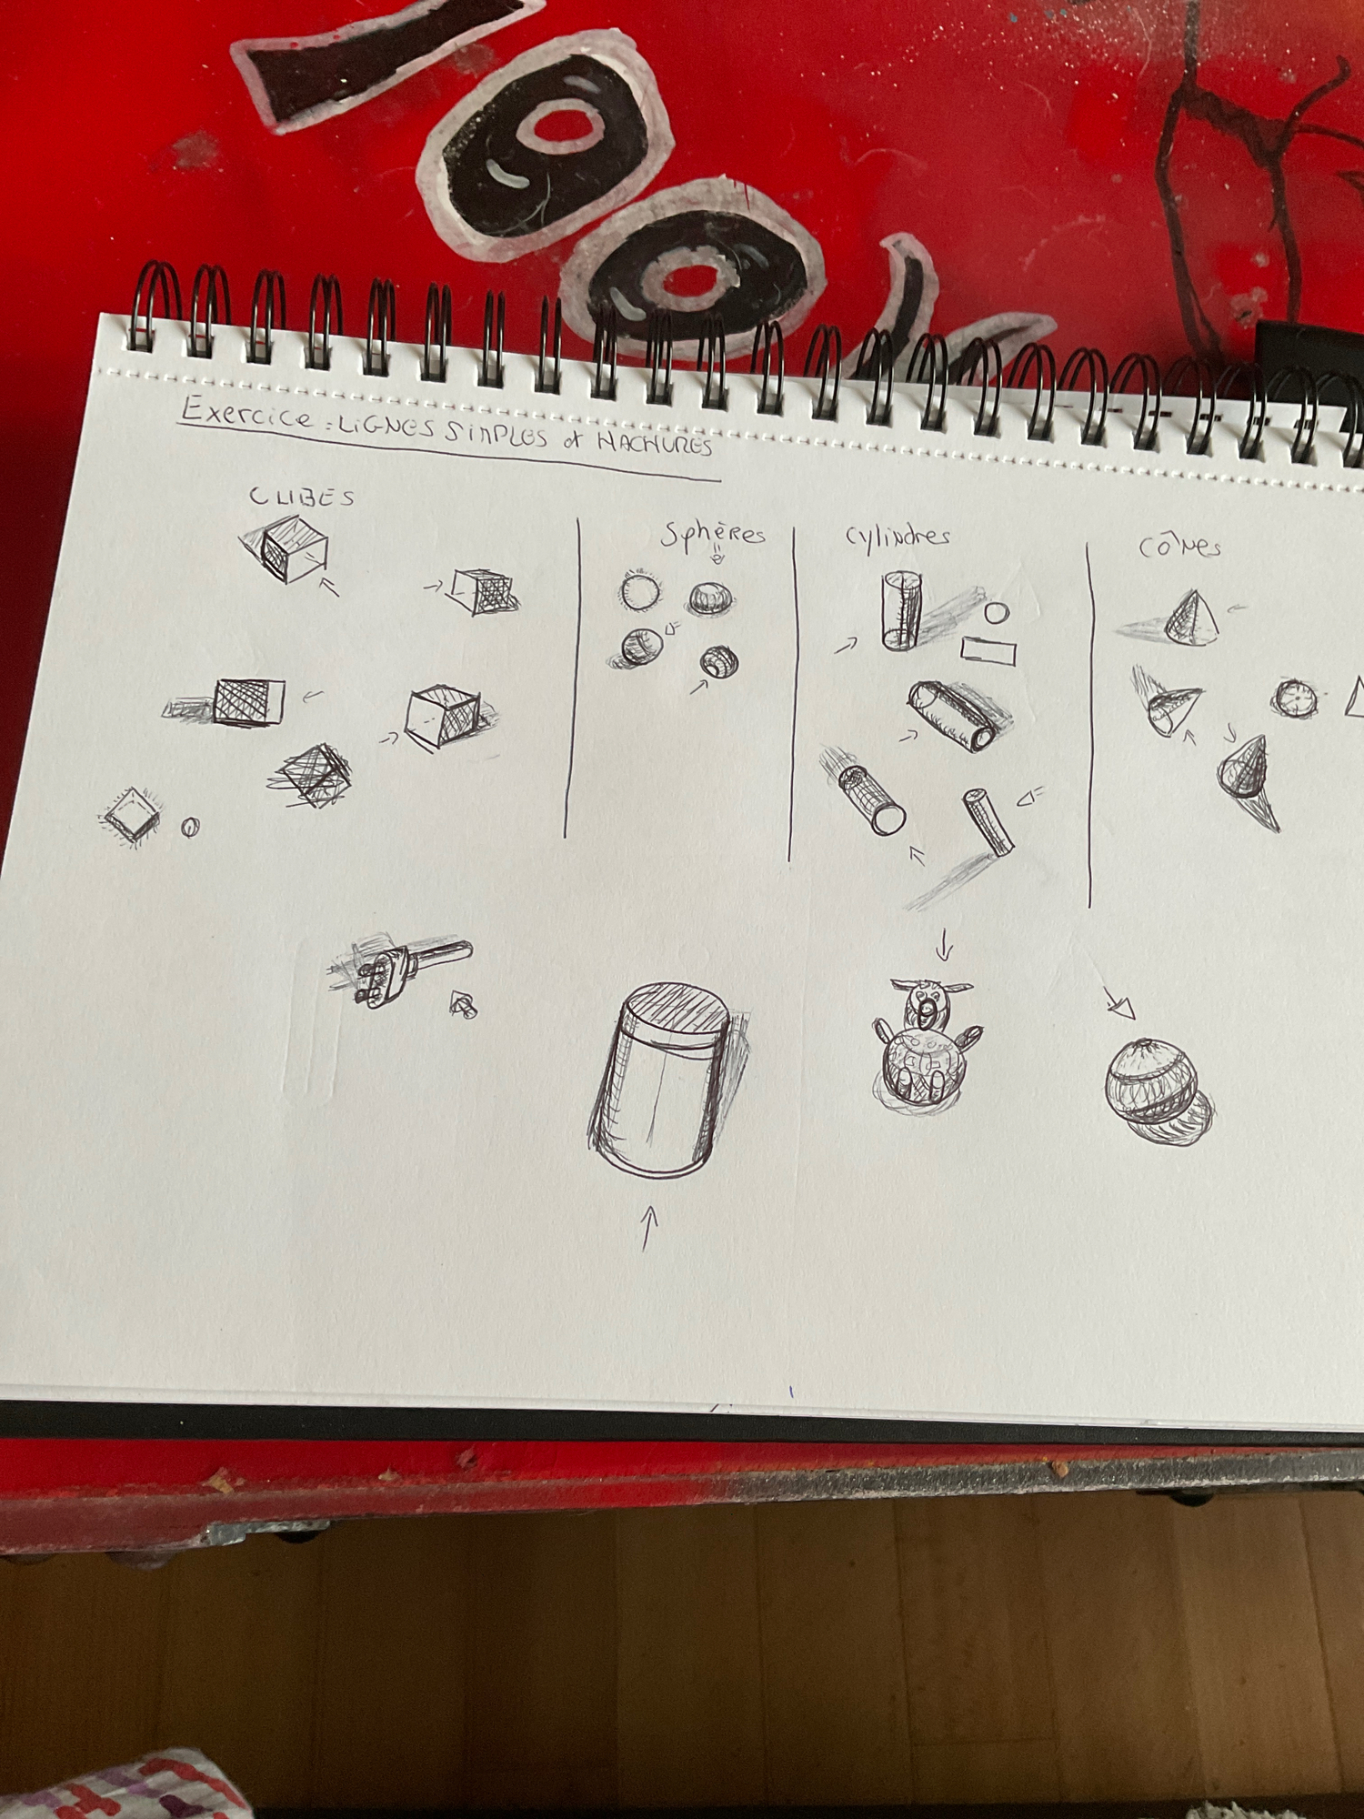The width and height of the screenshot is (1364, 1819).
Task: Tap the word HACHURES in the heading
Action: point(654,443)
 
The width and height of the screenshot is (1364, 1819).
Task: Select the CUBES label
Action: point(302,496)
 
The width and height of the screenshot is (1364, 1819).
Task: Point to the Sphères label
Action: point(713,534)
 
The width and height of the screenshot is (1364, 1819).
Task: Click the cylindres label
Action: point(898,536)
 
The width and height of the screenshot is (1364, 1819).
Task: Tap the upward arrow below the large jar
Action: point(648,1228)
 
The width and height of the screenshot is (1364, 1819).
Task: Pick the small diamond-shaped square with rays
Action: point(132,814)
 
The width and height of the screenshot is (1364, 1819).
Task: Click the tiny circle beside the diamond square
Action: point(190,827)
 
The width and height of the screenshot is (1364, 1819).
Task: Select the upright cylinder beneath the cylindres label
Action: point(901,610)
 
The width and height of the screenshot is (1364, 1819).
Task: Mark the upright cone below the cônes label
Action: point(1192,617)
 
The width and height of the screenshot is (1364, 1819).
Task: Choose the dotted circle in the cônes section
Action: point(1294,698)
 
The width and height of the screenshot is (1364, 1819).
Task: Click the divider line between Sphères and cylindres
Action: point(792,693)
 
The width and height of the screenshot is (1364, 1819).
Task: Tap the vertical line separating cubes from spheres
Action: point(573,678)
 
